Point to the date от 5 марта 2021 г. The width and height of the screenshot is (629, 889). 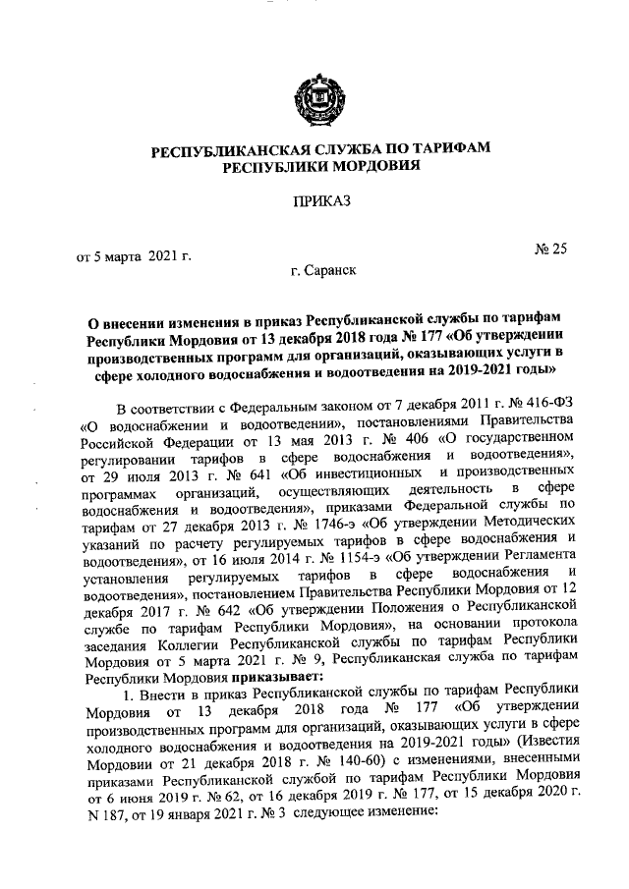point(133,257)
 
